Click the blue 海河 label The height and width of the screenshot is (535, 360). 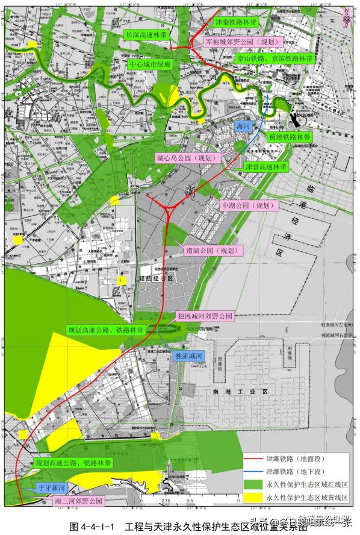[x=243, y=127]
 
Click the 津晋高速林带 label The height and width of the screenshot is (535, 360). [x=265, y=166]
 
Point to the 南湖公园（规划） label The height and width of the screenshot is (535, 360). [x=207, y=250]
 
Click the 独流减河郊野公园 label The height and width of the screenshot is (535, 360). [x=205, y=315]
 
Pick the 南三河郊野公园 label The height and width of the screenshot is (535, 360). [x=79, y=501]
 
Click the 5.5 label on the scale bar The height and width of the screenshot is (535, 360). [x=190, y=501]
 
